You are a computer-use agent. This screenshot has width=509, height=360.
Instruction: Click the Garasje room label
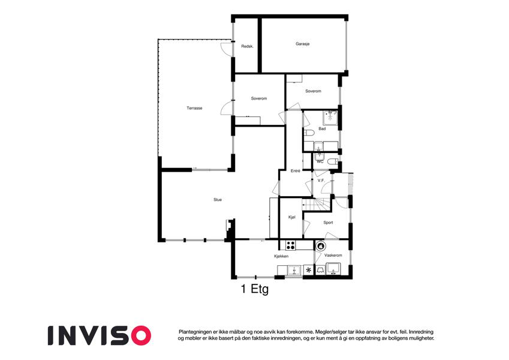pyautogui.click(x=302, y=44)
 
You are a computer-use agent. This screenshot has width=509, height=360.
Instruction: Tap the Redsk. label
pyautogui.click(x=247, y=46)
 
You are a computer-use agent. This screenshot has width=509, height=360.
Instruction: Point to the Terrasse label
pyautogui.click(x=194, y=108)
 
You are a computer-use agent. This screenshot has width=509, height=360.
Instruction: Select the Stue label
pyautogui.click(x=218, y=200)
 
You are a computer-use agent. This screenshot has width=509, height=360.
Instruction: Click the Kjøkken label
pyautogui.click(x=281, y=256)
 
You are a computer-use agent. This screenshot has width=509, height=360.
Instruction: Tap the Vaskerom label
pyautogui.click(x=333, y=256)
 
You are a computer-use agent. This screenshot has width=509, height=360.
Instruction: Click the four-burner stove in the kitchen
pyautogui.click(x=290, y=245)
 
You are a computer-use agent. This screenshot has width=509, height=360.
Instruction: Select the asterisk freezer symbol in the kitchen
pyautogui.click(x=308, y=270)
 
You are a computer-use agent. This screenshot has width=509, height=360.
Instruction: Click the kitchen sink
pyautogui.click(x=294, y=271)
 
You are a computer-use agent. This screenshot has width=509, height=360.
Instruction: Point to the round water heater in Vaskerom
pyautogui.click(x=321, y=246)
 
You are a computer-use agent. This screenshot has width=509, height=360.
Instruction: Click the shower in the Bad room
pyautogui.click(x=330, y=118)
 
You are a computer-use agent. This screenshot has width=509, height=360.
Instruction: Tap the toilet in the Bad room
pyautogui.click(x=309, y=133)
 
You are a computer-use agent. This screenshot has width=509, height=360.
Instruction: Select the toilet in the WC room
pyautogui.click(x=332, y=161)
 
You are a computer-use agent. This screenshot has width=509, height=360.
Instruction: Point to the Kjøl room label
pyautogui.click(x=292, y=217)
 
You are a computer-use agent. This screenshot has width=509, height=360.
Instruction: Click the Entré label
pyautogui.click(x=295, y=171)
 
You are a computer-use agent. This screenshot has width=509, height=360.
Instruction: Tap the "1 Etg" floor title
pyautogui.click(x=255, y=289)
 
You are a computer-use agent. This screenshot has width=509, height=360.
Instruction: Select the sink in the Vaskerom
pyautogui.click(x=333, y=269)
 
